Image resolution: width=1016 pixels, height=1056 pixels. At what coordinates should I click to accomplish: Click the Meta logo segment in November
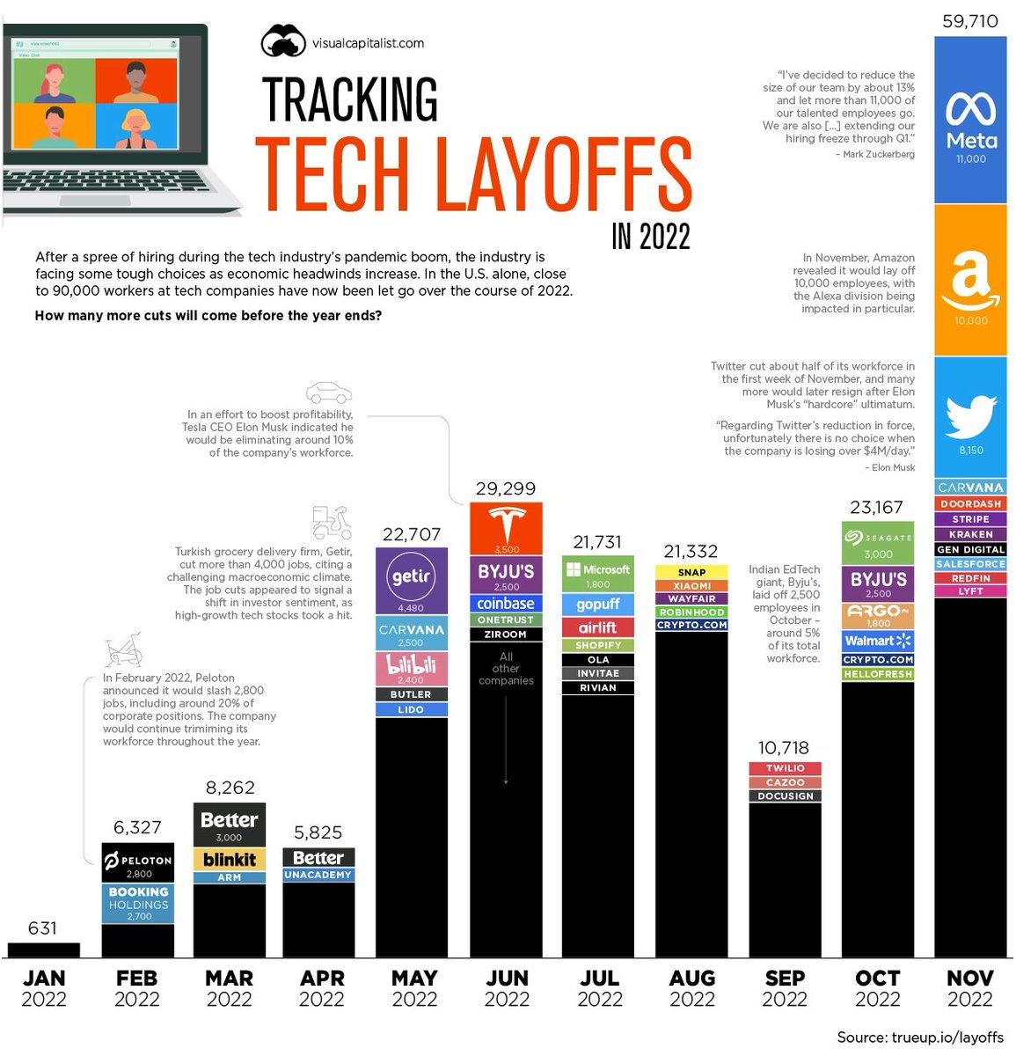coord(970,119)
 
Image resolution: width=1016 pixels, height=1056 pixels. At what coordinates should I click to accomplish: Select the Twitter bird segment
coord(970,418)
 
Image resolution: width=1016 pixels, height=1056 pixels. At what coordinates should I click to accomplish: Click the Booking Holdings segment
coord(138,904)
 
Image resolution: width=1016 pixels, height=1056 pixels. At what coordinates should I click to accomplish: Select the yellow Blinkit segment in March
coord(229,859)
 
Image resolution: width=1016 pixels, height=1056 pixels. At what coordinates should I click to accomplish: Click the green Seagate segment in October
coord(878,543)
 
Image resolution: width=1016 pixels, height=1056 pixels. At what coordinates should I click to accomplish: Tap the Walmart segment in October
coord(878,642)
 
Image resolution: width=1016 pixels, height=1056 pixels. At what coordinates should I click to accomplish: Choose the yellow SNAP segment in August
coord(691,572)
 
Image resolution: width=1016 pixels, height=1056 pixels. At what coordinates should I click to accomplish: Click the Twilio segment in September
coord(785,768)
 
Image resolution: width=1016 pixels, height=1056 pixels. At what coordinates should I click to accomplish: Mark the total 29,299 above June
coord(506,488)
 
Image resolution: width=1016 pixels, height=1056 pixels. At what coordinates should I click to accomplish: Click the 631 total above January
coord(42,928)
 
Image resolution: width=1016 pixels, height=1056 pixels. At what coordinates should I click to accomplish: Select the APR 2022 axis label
coord(321,988)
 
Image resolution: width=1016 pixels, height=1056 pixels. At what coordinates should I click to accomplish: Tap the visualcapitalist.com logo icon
coord(283,41)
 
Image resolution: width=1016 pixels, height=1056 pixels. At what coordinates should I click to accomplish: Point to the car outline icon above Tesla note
coord(329,392)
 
